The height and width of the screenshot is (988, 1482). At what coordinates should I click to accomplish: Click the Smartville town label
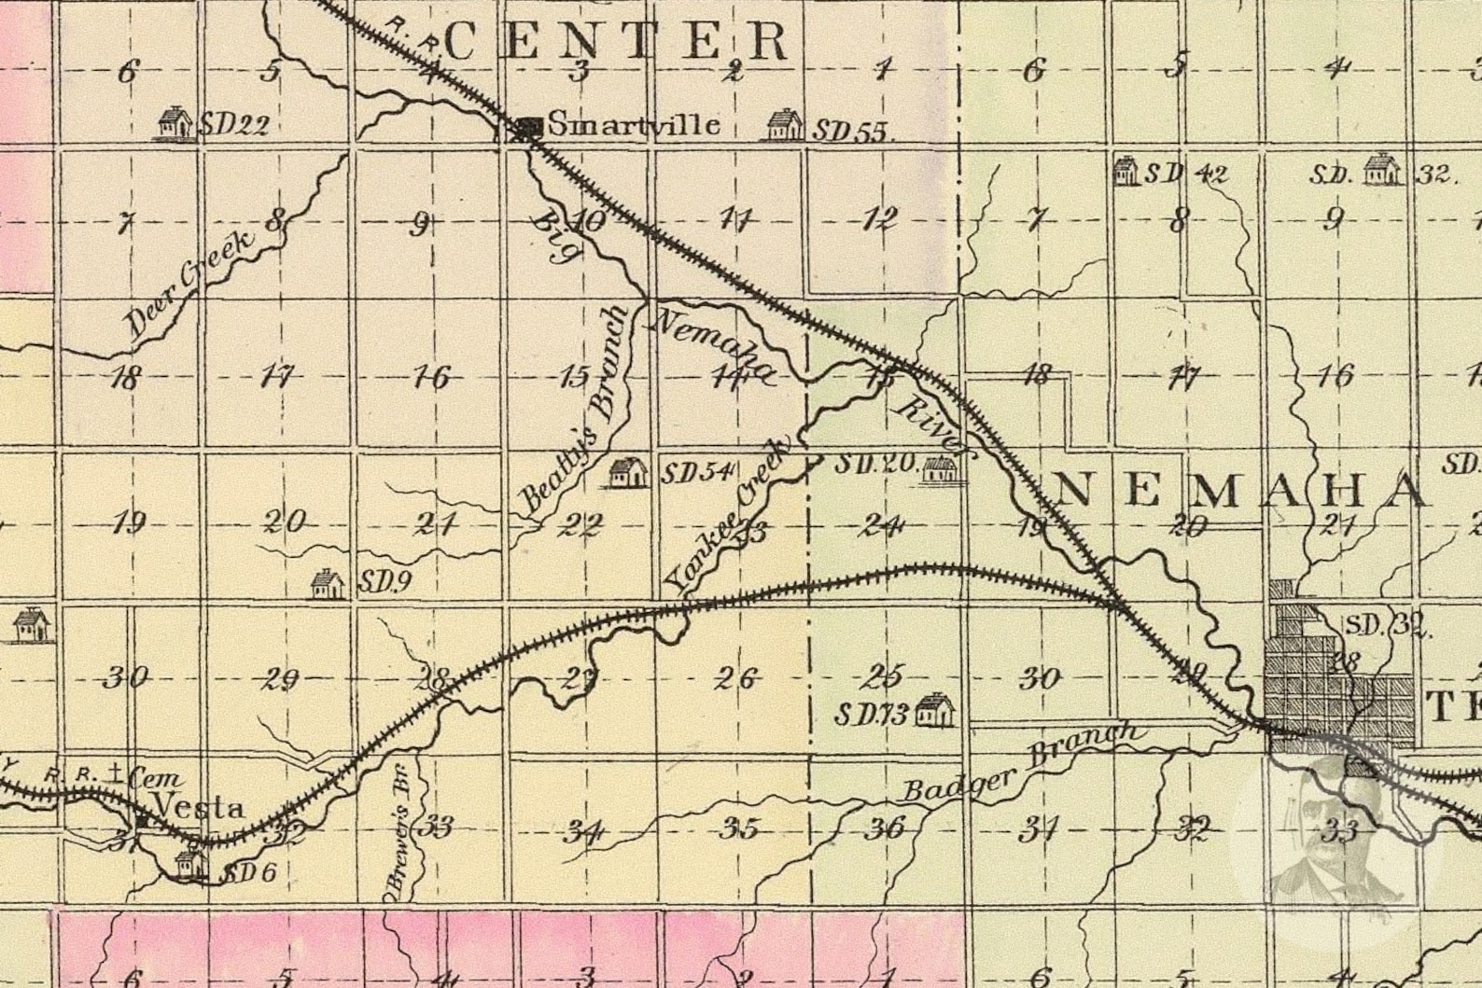pyautogui.click(x=633, y=124)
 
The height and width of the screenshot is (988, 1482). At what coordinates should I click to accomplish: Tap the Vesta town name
pyautogui.click(x=199, y=807)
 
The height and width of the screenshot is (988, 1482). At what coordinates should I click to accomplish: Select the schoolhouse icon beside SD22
pyautogui.click(x=174, y=122)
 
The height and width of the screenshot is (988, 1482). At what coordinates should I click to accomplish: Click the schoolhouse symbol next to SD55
pyautogui.click(x=784, y=125)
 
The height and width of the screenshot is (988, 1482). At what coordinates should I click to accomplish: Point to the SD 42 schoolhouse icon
pyautogui.click(x=1126, y=171)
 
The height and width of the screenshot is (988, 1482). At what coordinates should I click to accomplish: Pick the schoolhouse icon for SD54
pyautogui.click(x=628, y=472)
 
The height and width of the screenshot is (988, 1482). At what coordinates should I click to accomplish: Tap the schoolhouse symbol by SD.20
pyautogui.click(x=940, y=468)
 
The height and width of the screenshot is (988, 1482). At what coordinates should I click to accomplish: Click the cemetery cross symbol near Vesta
pyautogui.click(x=115, y=772)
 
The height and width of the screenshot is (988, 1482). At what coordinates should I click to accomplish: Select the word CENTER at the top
pyautogui.click(x=617, y=40)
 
